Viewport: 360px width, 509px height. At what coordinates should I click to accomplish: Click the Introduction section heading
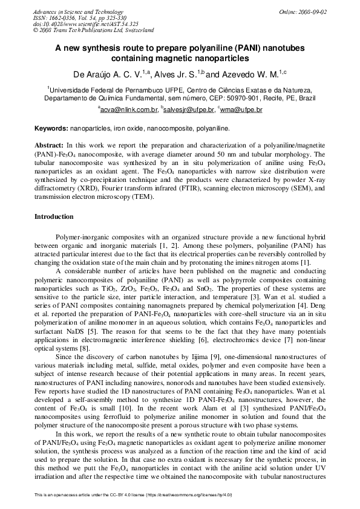tap(54, 216)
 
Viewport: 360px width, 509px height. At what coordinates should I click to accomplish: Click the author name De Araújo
tap(94, 74)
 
